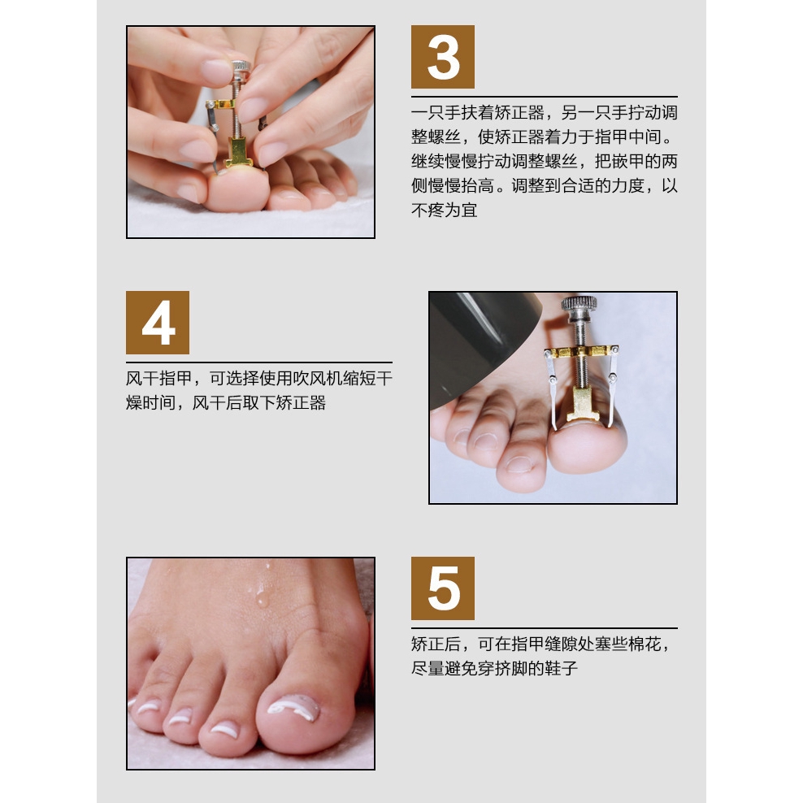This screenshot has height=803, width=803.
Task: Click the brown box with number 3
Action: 442,57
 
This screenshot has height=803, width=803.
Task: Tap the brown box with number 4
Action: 158,323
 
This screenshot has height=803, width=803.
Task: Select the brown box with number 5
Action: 442,588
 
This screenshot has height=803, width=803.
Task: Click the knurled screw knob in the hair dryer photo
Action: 579,303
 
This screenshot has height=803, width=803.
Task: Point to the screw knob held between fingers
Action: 241,67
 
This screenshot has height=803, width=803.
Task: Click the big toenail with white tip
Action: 293,707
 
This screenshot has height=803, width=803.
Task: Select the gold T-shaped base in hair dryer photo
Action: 582,405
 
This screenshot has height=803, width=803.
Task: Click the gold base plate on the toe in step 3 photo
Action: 238,153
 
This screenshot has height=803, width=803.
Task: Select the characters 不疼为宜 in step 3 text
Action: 445,210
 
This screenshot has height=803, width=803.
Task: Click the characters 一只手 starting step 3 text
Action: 436,112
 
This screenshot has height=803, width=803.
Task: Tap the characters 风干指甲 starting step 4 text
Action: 159,379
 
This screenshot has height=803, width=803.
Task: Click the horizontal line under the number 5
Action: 545,628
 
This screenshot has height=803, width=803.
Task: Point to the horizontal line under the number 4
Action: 259,362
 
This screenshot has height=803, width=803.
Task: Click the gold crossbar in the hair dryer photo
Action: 581,352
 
